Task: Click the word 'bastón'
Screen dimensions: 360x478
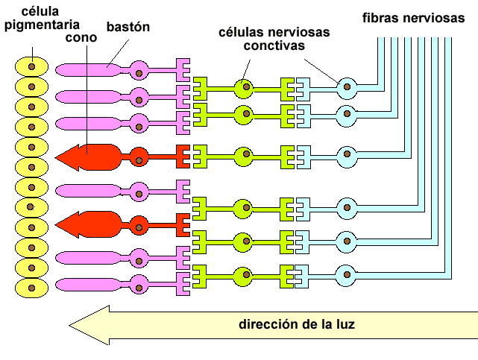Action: point(128,27)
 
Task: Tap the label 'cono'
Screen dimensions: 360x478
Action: point(81,37)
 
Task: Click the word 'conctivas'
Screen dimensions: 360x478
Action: point(275,46)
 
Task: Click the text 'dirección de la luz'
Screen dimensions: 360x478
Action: point(296,324)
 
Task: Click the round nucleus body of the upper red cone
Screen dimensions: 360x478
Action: point(139,157)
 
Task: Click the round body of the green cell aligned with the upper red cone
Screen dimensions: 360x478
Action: point(243,157)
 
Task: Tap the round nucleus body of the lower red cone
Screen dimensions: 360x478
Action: point(139,222)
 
